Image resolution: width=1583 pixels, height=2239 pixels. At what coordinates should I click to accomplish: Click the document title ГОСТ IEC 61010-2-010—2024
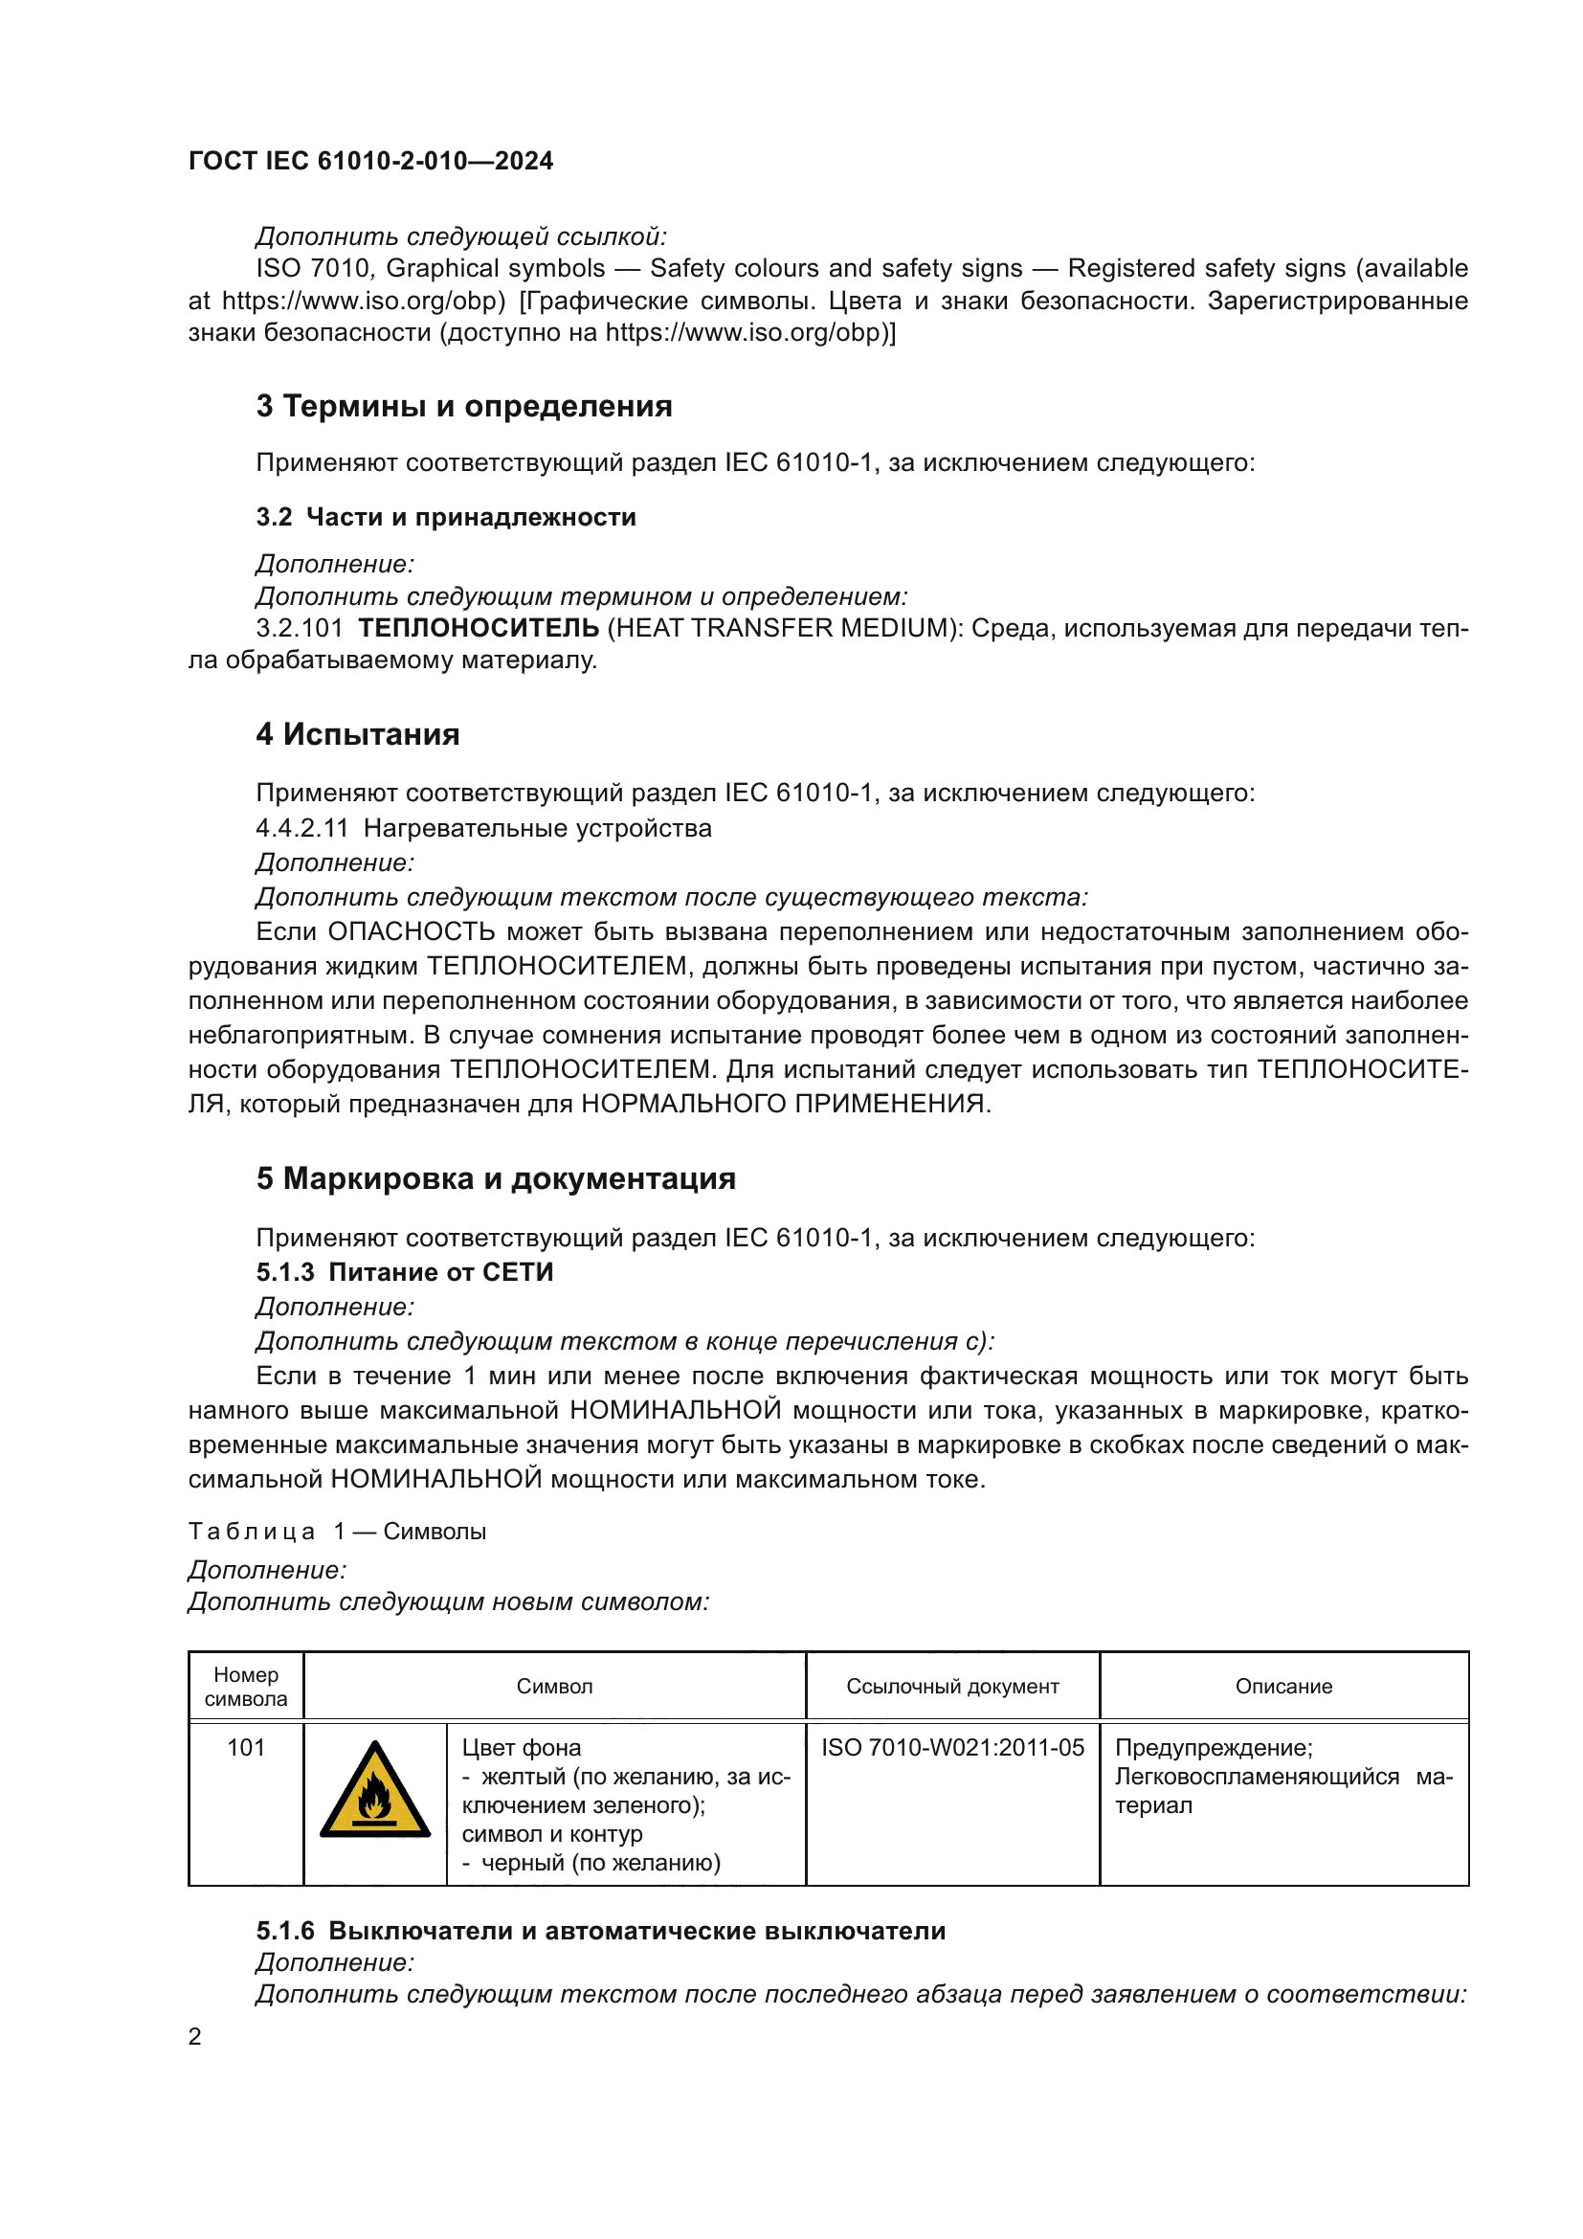(x=370, y=161)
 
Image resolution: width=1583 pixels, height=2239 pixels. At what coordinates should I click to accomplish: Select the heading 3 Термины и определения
(x=464, y=406)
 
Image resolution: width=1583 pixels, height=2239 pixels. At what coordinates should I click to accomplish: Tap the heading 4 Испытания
(x=358, y=734)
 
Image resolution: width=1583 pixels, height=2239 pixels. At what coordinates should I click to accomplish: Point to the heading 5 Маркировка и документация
(x=495, y=1178)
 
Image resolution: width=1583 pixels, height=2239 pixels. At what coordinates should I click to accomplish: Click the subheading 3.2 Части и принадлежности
(x=445, y=517)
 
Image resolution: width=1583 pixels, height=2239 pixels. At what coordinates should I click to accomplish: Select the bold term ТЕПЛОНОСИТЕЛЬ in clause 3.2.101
(x=479, y=628)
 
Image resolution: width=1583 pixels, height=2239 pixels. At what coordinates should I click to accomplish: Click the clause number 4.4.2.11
(x=302, y=828)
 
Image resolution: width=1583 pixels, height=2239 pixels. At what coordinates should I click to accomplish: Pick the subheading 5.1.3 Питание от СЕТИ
(x=405, y=1271)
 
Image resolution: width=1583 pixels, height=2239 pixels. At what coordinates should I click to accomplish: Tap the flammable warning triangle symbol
(x=375, y=1792)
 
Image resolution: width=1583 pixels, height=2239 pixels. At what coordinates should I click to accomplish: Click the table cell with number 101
(x=246, y=1748)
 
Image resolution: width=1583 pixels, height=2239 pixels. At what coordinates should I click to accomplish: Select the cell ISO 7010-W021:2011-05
(x=951, y=1748)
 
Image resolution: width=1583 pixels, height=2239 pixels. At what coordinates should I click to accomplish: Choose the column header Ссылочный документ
(x=951, y=1686)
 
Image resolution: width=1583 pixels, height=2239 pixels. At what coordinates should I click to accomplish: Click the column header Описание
(x=1282, y=1686)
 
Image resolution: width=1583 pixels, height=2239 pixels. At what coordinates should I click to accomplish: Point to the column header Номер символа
(x=246, y=1686)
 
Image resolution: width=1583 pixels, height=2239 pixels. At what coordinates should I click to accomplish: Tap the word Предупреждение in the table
(x=1213, y=1748)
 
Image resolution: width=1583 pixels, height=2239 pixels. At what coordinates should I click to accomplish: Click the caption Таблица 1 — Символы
(x=337, y=1531)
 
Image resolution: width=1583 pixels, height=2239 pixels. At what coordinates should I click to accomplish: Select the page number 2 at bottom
(x=195, y=2036)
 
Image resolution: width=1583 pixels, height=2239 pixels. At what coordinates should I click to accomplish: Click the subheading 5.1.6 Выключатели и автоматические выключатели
(x=600, y=1931)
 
